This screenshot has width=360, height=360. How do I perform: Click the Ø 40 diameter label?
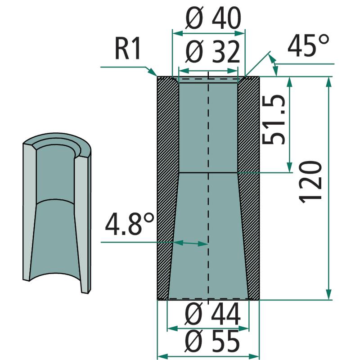point(213,18)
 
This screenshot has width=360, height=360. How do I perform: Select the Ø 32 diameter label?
point(212,52)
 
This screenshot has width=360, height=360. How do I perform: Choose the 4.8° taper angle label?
point(130,224)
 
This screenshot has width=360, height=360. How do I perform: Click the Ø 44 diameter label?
point(212,314)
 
